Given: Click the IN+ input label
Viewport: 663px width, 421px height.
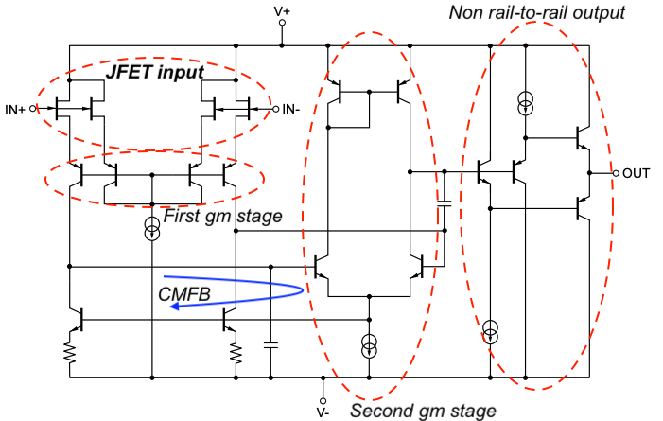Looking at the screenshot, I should pos(15,110).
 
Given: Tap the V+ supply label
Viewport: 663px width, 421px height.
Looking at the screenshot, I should pos(282,12).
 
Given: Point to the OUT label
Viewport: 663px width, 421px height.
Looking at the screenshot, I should pos(637,174).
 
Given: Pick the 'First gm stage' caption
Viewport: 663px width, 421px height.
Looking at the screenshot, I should pos(223,217).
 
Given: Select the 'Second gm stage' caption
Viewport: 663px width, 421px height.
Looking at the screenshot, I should pos(422,411).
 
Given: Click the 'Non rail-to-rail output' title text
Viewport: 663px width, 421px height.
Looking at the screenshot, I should pos(537,12).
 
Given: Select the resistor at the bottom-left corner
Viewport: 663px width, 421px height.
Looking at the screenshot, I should pos(69,353).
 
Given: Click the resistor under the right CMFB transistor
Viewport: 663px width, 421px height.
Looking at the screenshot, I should pos(236,353).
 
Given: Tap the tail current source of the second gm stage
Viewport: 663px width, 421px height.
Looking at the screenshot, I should pos(370,345).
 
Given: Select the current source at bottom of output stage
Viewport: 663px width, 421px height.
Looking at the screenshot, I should pos(490,330).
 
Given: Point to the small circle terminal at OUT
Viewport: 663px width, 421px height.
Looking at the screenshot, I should pos(615,174).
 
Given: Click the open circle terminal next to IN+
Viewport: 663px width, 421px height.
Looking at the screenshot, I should pos(33,110).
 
